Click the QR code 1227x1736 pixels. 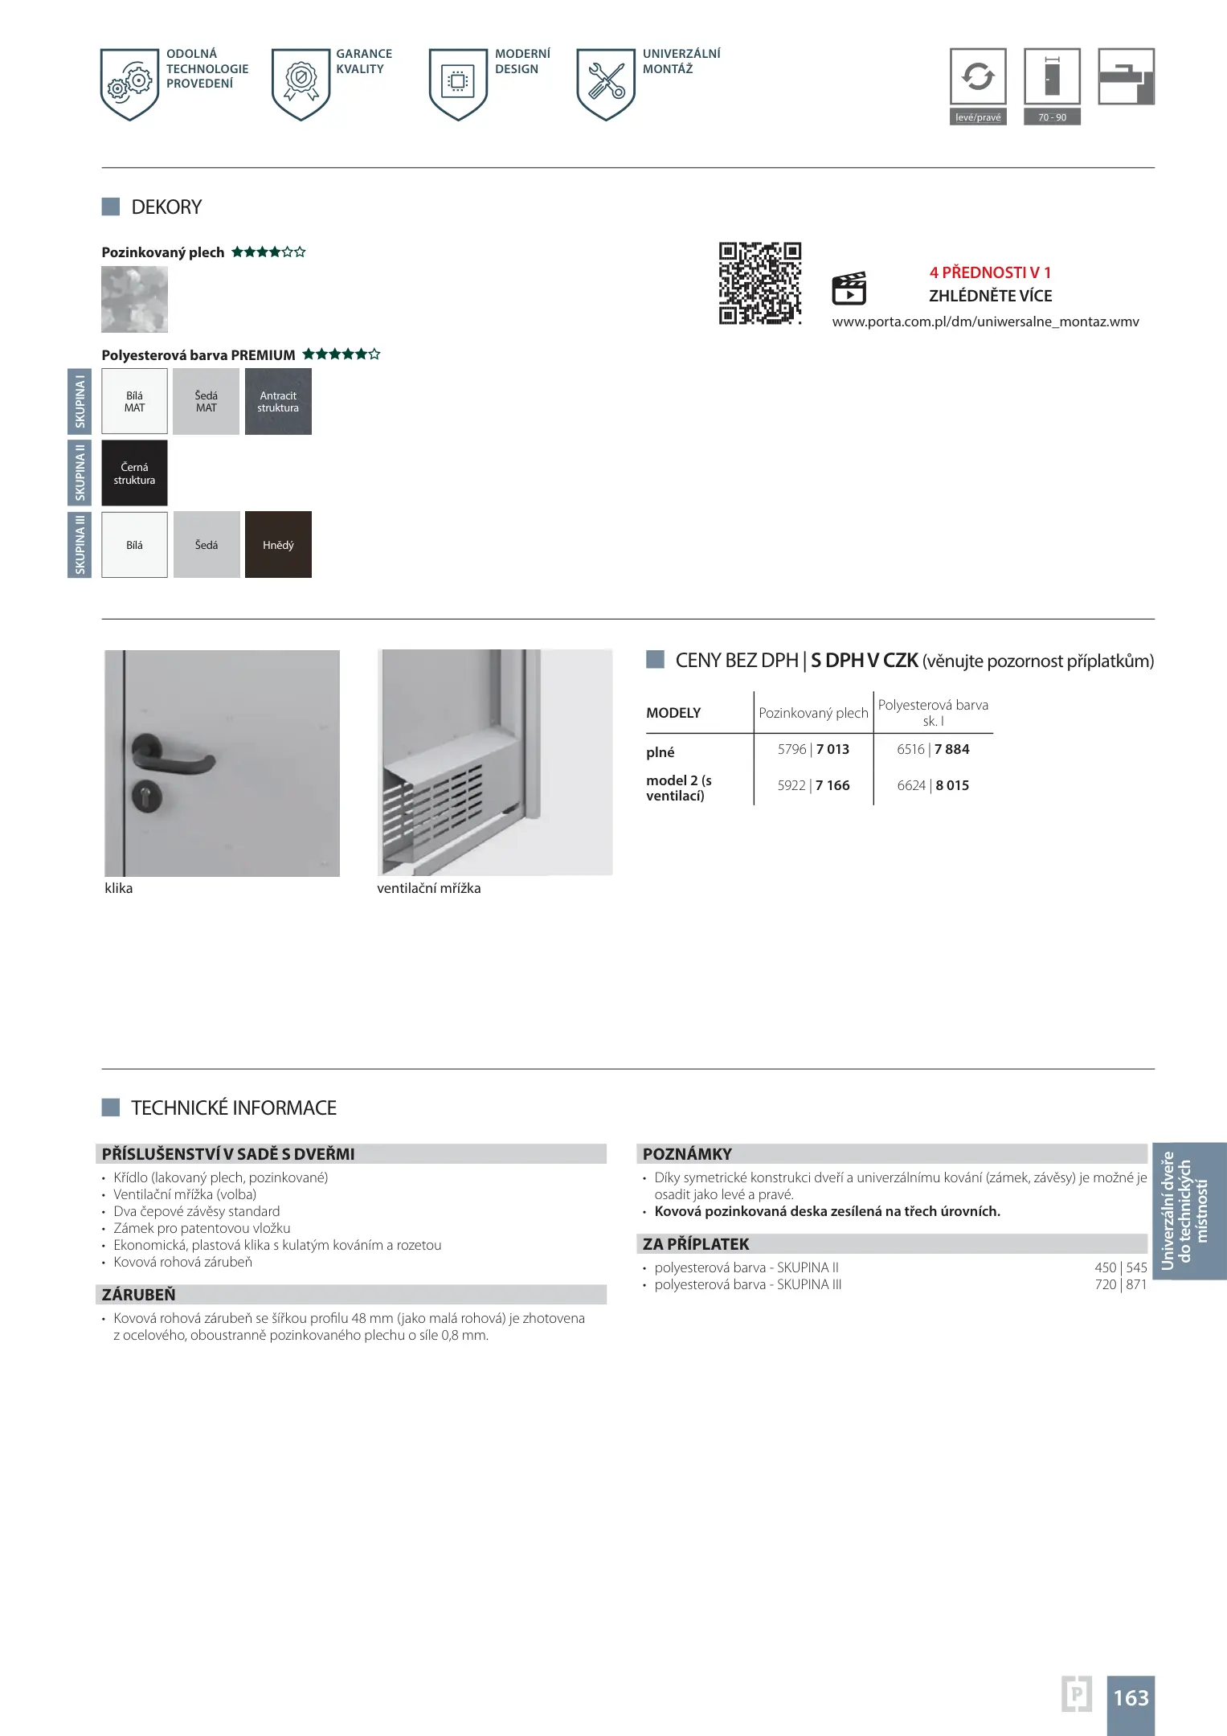pos(759,283)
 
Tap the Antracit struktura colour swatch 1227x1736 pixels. pos(278,402)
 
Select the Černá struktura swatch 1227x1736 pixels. pos(134,473)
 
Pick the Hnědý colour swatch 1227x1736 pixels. pos(278,545)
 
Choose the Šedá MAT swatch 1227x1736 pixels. pos(206,402)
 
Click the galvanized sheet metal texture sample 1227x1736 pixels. pos(134,300)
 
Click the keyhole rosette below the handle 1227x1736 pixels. pos(147,795)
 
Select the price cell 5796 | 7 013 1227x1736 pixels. pos(813,749)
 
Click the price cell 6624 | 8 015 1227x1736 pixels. pos(933,785)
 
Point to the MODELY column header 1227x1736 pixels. pos(673,713)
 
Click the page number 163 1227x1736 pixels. pos(1131,1697)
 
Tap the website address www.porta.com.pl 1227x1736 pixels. pos(985,321)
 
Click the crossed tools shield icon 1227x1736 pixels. pos(606,82)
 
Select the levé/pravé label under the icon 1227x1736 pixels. pos(978,117)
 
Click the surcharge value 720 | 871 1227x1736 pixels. pos(1120,1284)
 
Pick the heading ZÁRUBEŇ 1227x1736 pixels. pos(138,1295)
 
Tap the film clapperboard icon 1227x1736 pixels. pos(849,289)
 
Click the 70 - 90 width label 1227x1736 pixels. pos(1052,117)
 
